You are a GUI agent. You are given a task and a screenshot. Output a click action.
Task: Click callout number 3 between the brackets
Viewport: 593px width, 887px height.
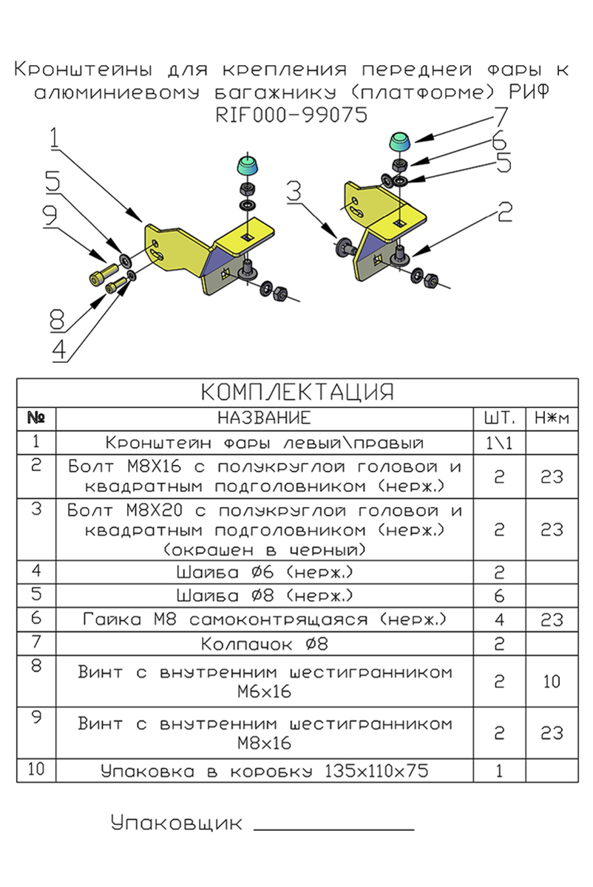pyautogui.click(x=294, y=192)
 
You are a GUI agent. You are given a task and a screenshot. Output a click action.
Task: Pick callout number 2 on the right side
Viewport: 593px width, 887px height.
pyautogui.click(x=504, y=214)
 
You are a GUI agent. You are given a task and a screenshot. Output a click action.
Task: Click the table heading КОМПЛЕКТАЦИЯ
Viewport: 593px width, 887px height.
pyautogui.click(x=297, y=391)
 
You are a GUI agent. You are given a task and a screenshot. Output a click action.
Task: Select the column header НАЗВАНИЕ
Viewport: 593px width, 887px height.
pyautogui.click(x=264, y=418)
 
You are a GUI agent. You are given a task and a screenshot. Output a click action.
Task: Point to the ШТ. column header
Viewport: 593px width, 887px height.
pyautogui.click(x=499, y=418)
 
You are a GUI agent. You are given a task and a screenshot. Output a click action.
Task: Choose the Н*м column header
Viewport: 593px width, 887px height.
pyautogui.click(x=551, y=418)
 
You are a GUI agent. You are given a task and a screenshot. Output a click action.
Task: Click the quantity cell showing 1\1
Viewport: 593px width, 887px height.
pyautogui.click(x=499, y=443)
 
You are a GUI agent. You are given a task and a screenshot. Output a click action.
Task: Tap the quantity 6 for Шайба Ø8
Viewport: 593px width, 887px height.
pyautogui.click(x=499, y=596)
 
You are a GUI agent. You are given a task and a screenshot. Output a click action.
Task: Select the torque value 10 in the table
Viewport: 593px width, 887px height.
pyautogui.click(x=551, y=682)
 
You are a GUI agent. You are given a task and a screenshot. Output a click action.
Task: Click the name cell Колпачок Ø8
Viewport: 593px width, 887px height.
pyautogui.click(x=264, y=644)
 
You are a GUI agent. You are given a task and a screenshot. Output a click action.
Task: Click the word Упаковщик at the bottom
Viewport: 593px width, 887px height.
pyautogui.click(x=177, y=823)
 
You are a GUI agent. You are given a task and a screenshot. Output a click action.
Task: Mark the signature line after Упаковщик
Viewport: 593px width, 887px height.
pyautogui.click(x=333, y=829)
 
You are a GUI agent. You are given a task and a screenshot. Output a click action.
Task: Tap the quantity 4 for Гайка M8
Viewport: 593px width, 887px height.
pyautogui.click(x=499, y=619)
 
